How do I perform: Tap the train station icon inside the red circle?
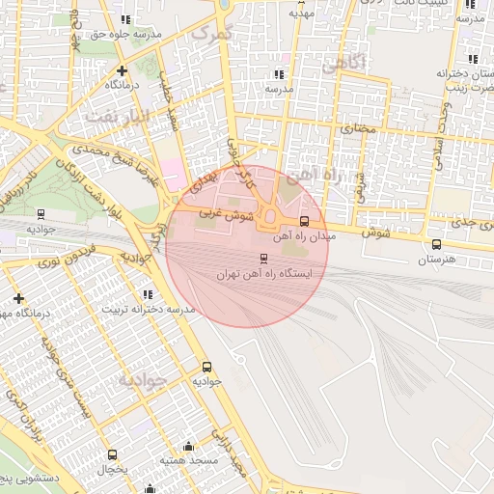(263, 259)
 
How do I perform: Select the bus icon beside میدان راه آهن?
(305, 221)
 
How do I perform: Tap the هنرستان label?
(440, 260)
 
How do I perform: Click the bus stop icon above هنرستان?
(437, 244)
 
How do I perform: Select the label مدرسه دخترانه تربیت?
(149, 309)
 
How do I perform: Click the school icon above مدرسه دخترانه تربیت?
(147, 294)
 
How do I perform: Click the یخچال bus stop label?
(112, 469)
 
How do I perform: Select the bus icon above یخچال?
(112, 454)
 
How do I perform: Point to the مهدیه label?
(302, 14)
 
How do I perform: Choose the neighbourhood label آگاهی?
(343, 65)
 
